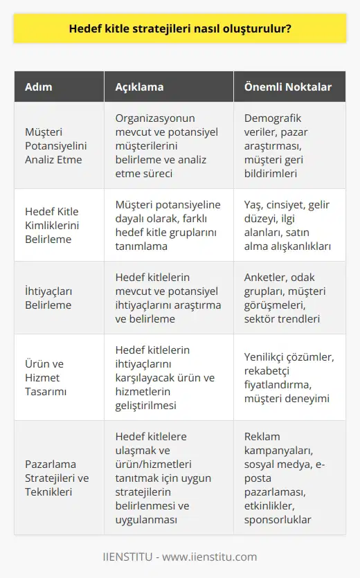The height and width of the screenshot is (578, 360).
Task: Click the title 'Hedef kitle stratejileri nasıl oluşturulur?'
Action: pyautogui.click(x=179, y=30)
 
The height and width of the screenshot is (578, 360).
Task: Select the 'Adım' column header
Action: pyautogui.click(x=38, y=87)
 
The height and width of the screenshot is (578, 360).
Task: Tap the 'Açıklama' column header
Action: pyautogui.click(x=139, y=87)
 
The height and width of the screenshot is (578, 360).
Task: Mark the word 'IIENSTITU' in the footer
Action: pyautogui.click(x=127, y=557)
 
